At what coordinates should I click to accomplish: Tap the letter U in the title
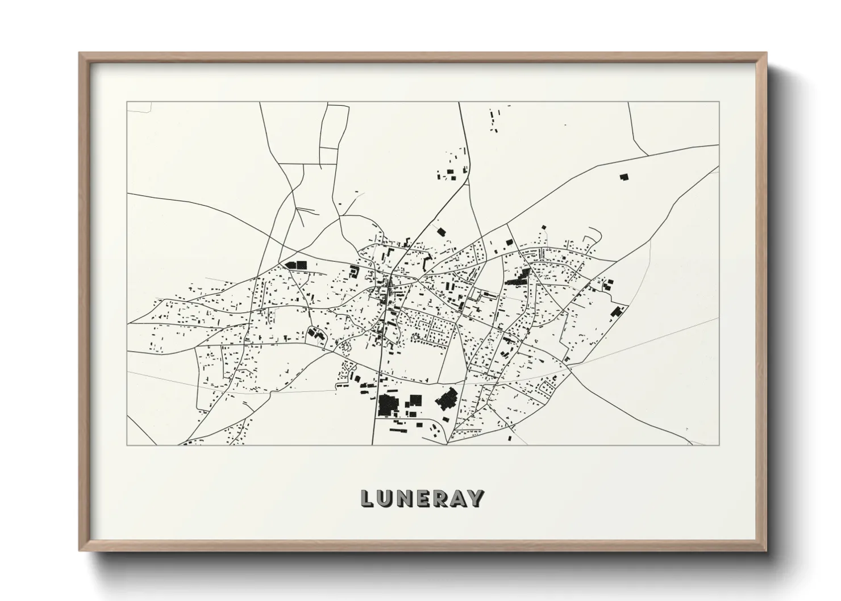tap(385, 499)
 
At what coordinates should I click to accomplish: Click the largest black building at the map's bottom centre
tap(388, 404)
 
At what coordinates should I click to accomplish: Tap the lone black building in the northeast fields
tap(624, 177)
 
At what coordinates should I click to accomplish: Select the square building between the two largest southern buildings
tap(416, 400)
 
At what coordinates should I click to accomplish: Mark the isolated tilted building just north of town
tap(440, 231)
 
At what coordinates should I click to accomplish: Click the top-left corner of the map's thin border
tap(127, 102)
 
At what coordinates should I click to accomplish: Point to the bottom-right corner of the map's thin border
tap(719, 445)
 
